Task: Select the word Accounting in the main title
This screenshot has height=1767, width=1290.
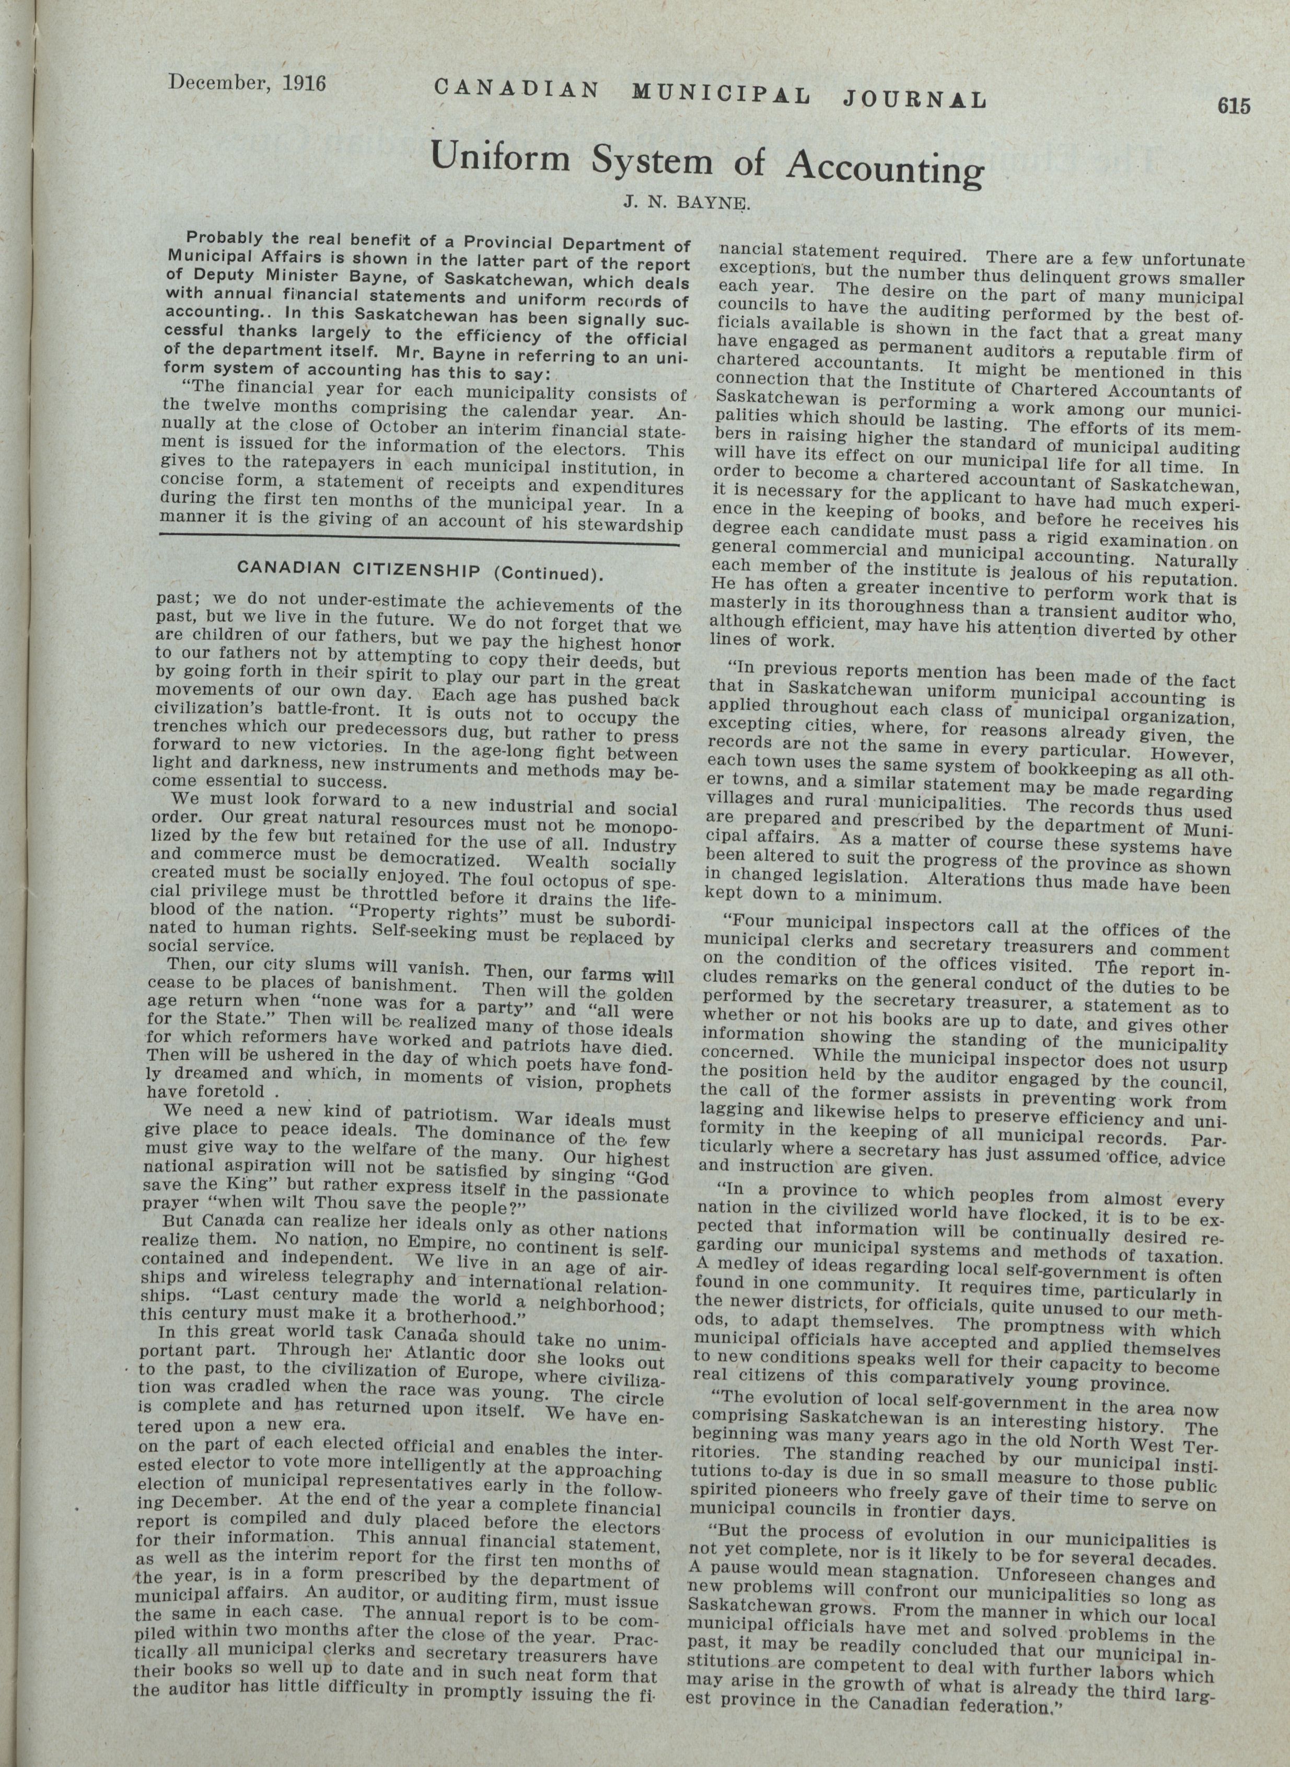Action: click(x=882, y=166)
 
